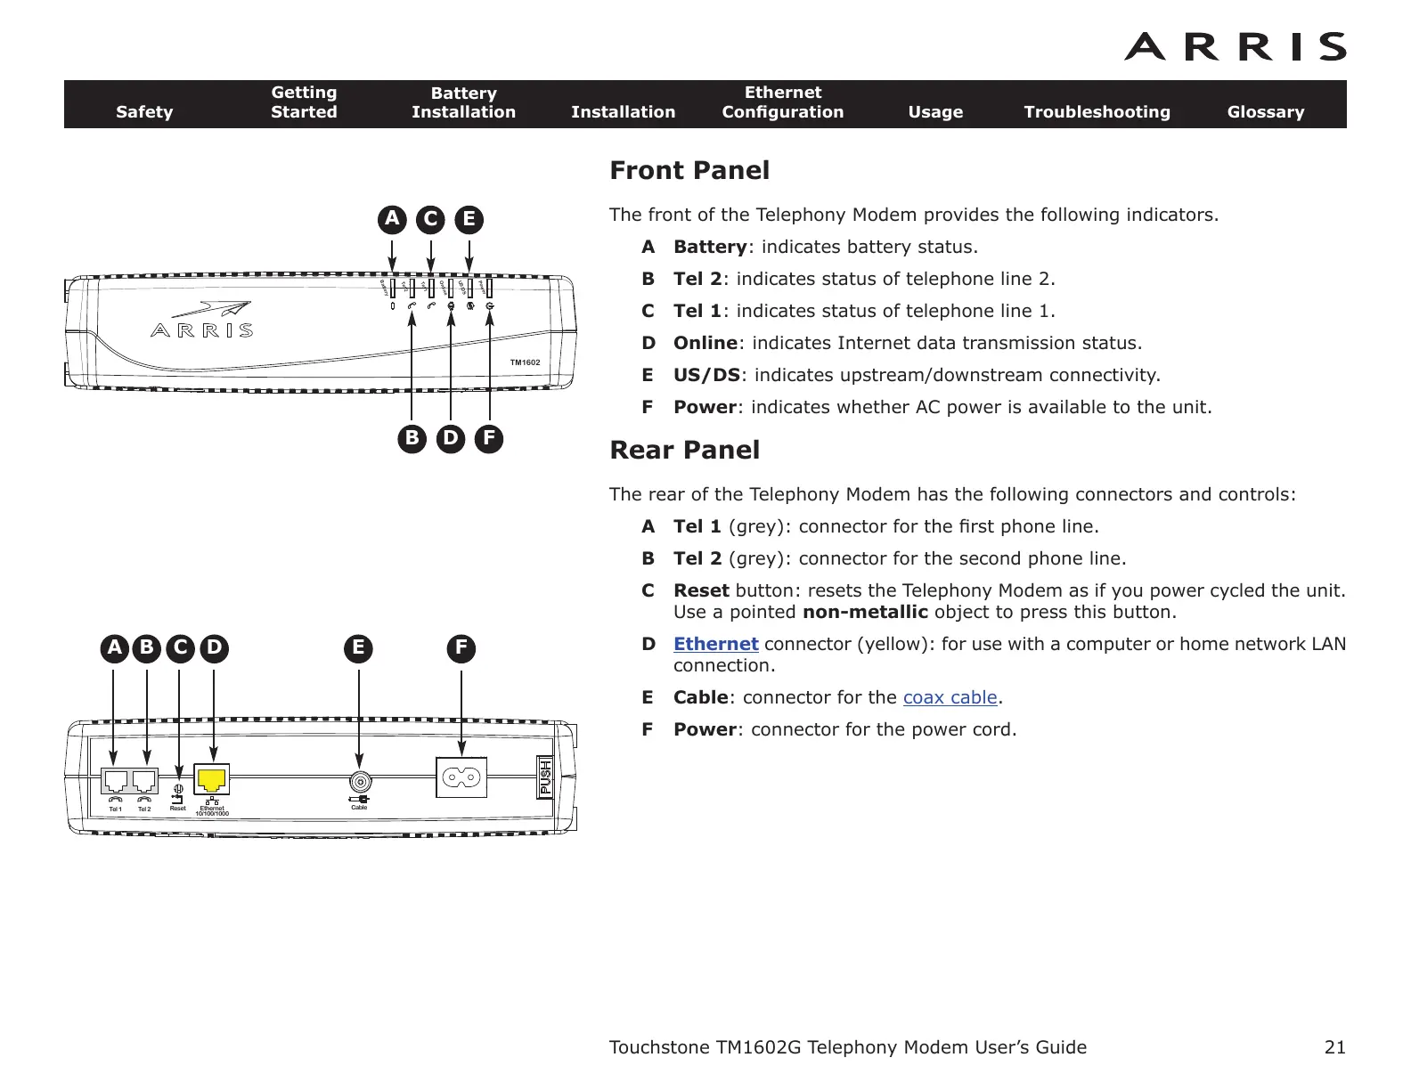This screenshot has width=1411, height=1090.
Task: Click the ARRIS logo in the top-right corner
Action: click(1235, 47)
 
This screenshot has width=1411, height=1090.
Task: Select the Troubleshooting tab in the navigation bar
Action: click(1097, 112)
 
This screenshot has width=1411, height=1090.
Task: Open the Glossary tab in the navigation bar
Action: click(1265, 112)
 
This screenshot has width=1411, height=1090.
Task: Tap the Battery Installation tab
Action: click(463, 103)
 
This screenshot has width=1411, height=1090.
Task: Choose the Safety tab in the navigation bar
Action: click(144, 112)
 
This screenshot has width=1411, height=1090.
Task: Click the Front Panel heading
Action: click(689, 170)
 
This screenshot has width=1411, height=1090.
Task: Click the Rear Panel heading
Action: click(684, 450)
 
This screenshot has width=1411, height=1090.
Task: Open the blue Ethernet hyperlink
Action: click(715, 644)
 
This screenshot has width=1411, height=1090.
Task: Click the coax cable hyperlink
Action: click(950, 697)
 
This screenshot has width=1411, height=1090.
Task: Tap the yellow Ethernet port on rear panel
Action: click(212, 780)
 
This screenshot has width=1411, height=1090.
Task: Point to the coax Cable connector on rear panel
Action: click(359, 782)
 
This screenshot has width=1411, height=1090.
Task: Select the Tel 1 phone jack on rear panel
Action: click(115, 781)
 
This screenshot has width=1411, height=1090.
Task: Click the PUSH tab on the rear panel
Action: click(545, 777)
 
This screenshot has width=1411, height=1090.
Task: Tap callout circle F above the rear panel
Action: click(461, 647)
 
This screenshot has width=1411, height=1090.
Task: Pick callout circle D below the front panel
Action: click(451, 438)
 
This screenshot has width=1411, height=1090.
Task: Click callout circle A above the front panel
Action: click(392, 219)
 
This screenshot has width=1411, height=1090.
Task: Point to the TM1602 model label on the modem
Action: click(525, 362)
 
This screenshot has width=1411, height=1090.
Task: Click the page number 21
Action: click(1334, 1047)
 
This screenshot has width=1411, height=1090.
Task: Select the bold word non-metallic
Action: click(865, 612)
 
